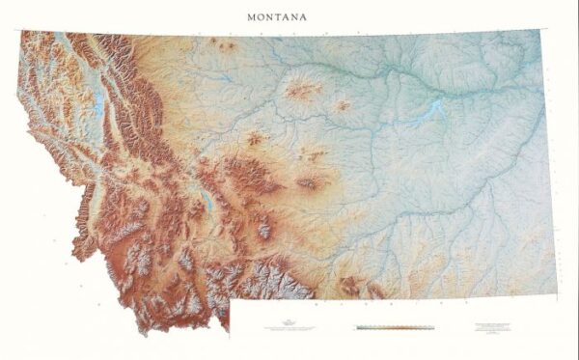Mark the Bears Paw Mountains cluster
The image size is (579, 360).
pos(302,91)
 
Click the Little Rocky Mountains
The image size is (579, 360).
pos(342,105)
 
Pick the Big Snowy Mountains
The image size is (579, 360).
pos(310,181)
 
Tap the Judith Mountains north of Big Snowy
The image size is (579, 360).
pos(316,154)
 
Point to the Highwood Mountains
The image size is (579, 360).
pos(255,139)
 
